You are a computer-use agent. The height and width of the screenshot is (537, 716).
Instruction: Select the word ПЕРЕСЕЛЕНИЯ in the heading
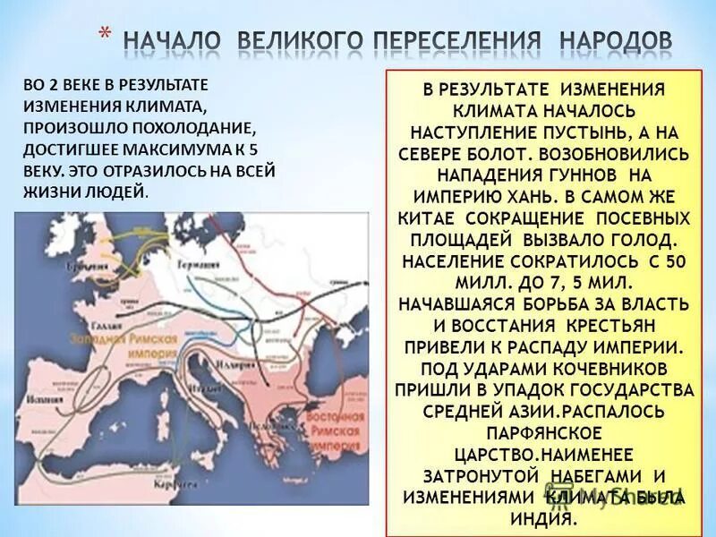pyautogui.click(x=456, y=41)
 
